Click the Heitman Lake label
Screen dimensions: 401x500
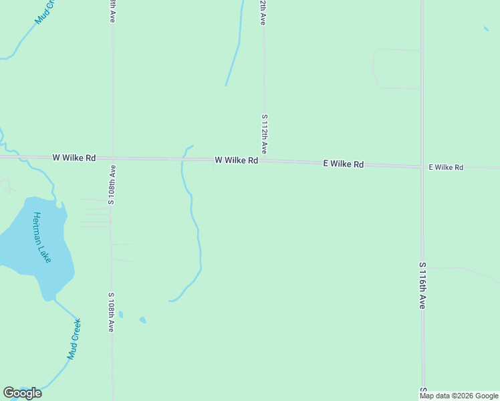[x=41, y=237]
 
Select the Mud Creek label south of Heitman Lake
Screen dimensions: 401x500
[x=74, y=339]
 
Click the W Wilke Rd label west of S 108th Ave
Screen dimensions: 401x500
[x=74, y=158]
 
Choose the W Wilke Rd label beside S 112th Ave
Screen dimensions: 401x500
[x=236, y=160]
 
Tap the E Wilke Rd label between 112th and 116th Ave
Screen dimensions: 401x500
[x=343, y=164]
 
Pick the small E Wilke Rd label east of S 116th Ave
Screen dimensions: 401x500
[x=445, y=167]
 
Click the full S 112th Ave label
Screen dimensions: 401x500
[x=265, y=134]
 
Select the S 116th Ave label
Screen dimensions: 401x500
[x=422, y=285]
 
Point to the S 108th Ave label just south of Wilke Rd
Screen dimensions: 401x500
[x=112, y=184]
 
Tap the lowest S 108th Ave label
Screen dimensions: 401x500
[x=112, y=312]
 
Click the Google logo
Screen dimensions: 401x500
[x=22, y=393]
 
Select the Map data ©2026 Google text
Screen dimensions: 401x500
[x=459, y=396]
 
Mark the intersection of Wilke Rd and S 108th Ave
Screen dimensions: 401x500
[x=112, y=158]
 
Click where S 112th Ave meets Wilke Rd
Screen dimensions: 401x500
[x=264, y=160]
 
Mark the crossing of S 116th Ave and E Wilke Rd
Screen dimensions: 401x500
[x=422, y=166]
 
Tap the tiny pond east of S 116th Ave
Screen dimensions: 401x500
[x=486, y=29]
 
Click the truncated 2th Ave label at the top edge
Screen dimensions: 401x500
[x=263, y=13]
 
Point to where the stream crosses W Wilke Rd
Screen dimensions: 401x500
[x=182, y=159]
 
